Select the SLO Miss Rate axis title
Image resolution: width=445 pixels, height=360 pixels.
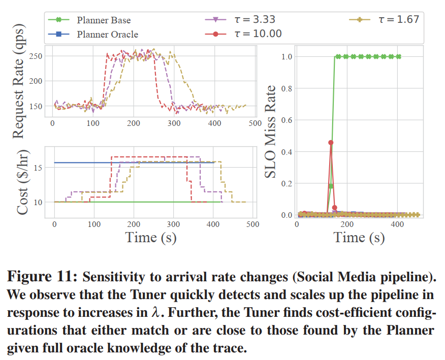coord(271,132)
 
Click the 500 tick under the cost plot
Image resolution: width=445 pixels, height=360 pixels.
coord(252,223)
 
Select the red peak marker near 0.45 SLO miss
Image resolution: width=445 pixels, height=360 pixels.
coord(331,143)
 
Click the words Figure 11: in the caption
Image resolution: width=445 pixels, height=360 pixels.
coord(43,278)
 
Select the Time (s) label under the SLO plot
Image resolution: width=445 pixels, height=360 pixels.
coord(359,237)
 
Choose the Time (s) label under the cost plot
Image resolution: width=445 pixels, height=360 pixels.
coord(151,237)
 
